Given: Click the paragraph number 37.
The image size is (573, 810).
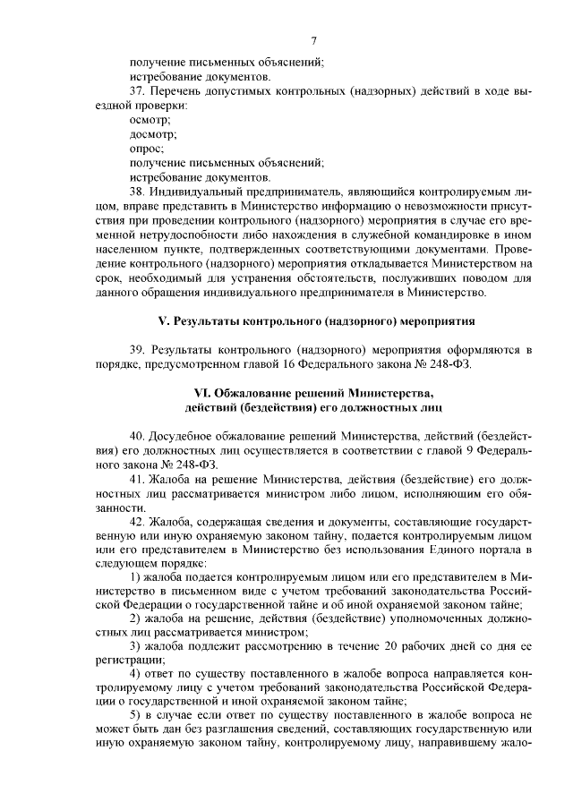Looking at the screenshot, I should coord(137,93).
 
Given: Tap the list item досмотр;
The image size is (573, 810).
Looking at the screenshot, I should coord(153,134).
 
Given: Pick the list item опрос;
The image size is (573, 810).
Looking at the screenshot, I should coord(146,149).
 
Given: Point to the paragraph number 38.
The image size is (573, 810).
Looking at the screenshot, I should coord(137,192).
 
